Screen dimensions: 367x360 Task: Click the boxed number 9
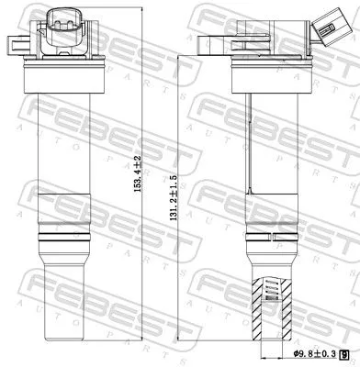[x=343, y=351]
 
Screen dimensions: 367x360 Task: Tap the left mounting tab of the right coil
[x=203, y=42]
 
